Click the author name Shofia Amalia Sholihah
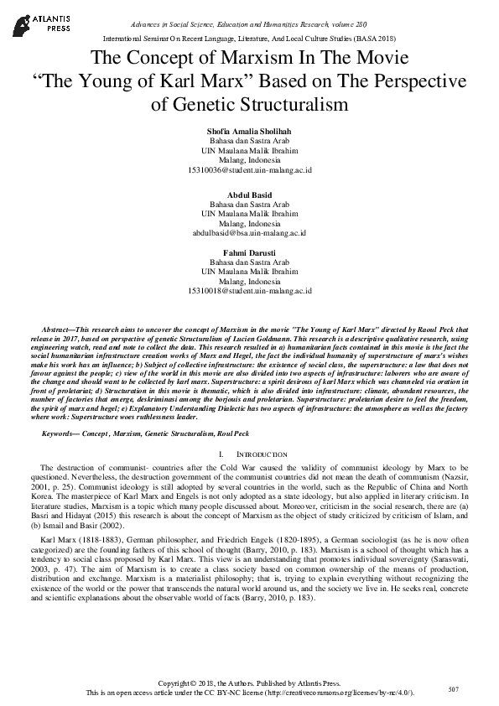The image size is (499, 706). (x=249, y=132)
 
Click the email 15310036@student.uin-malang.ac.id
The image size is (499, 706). (x=249, y=170)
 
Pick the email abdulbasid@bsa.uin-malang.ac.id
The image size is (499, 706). (x=249, y=232)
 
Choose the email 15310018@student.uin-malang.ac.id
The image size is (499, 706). (x=249, y=291)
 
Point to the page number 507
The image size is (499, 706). (x=452, y=690)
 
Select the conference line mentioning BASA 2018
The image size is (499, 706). (x=249, y=39)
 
